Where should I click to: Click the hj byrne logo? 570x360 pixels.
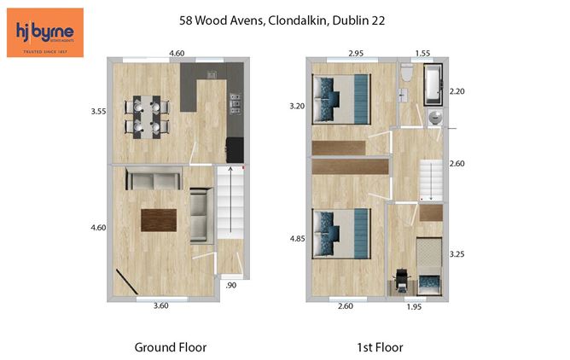point(44,32)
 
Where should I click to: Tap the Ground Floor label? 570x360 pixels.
point(171,347)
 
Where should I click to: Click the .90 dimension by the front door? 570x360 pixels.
point(230,286)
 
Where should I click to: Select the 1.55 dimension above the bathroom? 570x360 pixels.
point(422,55)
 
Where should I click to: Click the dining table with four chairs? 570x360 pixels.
point(148,117)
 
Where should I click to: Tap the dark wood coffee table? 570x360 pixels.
point(159,219)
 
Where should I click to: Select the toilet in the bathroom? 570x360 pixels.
point(408,78)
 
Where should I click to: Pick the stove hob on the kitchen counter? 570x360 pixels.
point(234,107)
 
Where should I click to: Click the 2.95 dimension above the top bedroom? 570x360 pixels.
point(357,55)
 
